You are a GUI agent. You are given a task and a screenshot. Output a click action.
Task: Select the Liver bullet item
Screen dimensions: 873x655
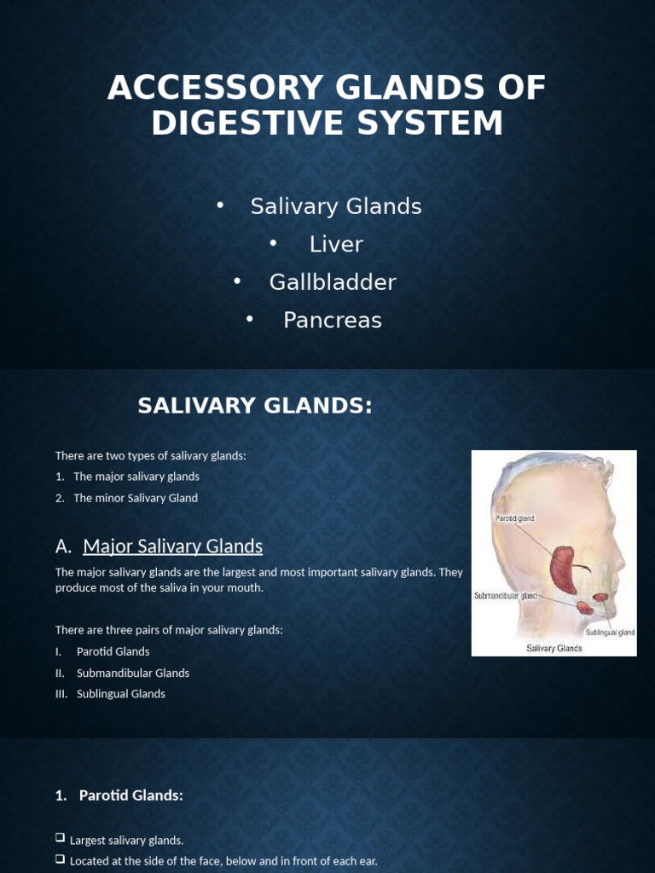tap(336, 245)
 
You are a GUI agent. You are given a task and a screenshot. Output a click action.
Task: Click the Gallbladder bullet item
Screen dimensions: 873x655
tap(333, 282)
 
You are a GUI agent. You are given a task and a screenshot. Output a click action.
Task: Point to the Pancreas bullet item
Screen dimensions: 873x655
tap(333, 321)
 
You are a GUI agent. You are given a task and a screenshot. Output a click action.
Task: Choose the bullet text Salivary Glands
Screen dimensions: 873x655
tap(336, 206)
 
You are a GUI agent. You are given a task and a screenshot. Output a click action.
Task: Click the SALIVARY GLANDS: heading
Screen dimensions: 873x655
tap(255, 407)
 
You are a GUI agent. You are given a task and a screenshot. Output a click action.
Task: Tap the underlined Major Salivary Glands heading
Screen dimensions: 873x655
tap(172, 546)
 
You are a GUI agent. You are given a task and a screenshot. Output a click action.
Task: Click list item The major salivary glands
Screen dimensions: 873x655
tap(136, 477)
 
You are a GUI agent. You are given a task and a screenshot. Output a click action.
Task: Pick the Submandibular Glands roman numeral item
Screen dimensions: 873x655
tap(132, 673)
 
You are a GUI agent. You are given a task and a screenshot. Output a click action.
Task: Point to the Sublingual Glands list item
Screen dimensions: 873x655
tap(120, 694)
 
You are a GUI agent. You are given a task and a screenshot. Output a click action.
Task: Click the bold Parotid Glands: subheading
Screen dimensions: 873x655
tap(130, 795)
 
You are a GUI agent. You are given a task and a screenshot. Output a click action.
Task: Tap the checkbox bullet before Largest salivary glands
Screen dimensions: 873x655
tap(61, 839)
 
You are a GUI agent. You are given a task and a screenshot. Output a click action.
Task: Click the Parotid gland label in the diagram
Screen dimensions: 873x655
tap(515, 517)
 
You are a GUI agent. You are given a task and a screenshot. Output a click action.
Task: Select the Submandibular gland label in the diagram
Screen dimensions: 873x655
tap(506, 596)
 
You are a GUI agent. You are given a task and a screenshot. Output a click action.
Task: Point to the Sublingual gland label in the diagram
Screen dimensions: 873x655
tap(609, 633)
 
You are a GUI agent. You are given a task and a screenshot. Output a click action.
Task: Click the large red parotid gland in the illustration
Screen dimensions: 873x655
tap(564, 569)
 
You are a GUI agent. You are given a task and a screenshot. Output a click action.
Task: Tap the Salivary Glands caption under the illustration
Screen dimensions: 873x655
tap(554, 648)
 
